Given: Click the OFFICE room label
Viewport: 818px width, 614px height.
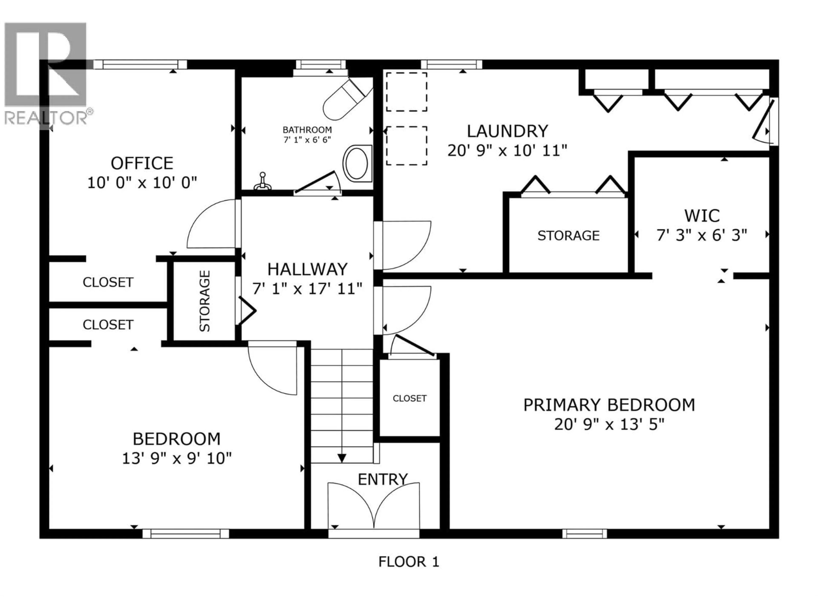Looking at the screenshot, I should coord(142,163).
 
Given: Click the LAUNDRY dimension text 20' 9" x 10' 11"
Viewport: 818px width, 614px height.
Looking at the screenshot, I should coord(507,151).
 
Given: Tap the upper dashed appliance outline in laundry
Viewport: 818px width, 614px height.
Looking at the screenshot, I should coord(406,92).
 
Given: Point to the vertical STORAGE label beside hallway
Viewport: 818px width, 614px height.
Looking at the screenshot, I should coord(204,301).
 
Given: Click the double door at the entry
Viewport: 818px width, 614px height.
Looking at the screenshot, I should coord(373,505).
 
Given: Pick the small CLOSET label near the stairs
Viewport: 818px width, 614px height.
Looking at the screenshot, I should coord(409,398).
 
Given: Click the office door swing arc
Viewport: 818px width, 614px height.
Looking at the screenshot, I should coord(207,224).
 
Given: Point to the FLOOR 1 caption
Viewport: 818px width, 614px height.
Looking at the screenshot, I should coord(409,562).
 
